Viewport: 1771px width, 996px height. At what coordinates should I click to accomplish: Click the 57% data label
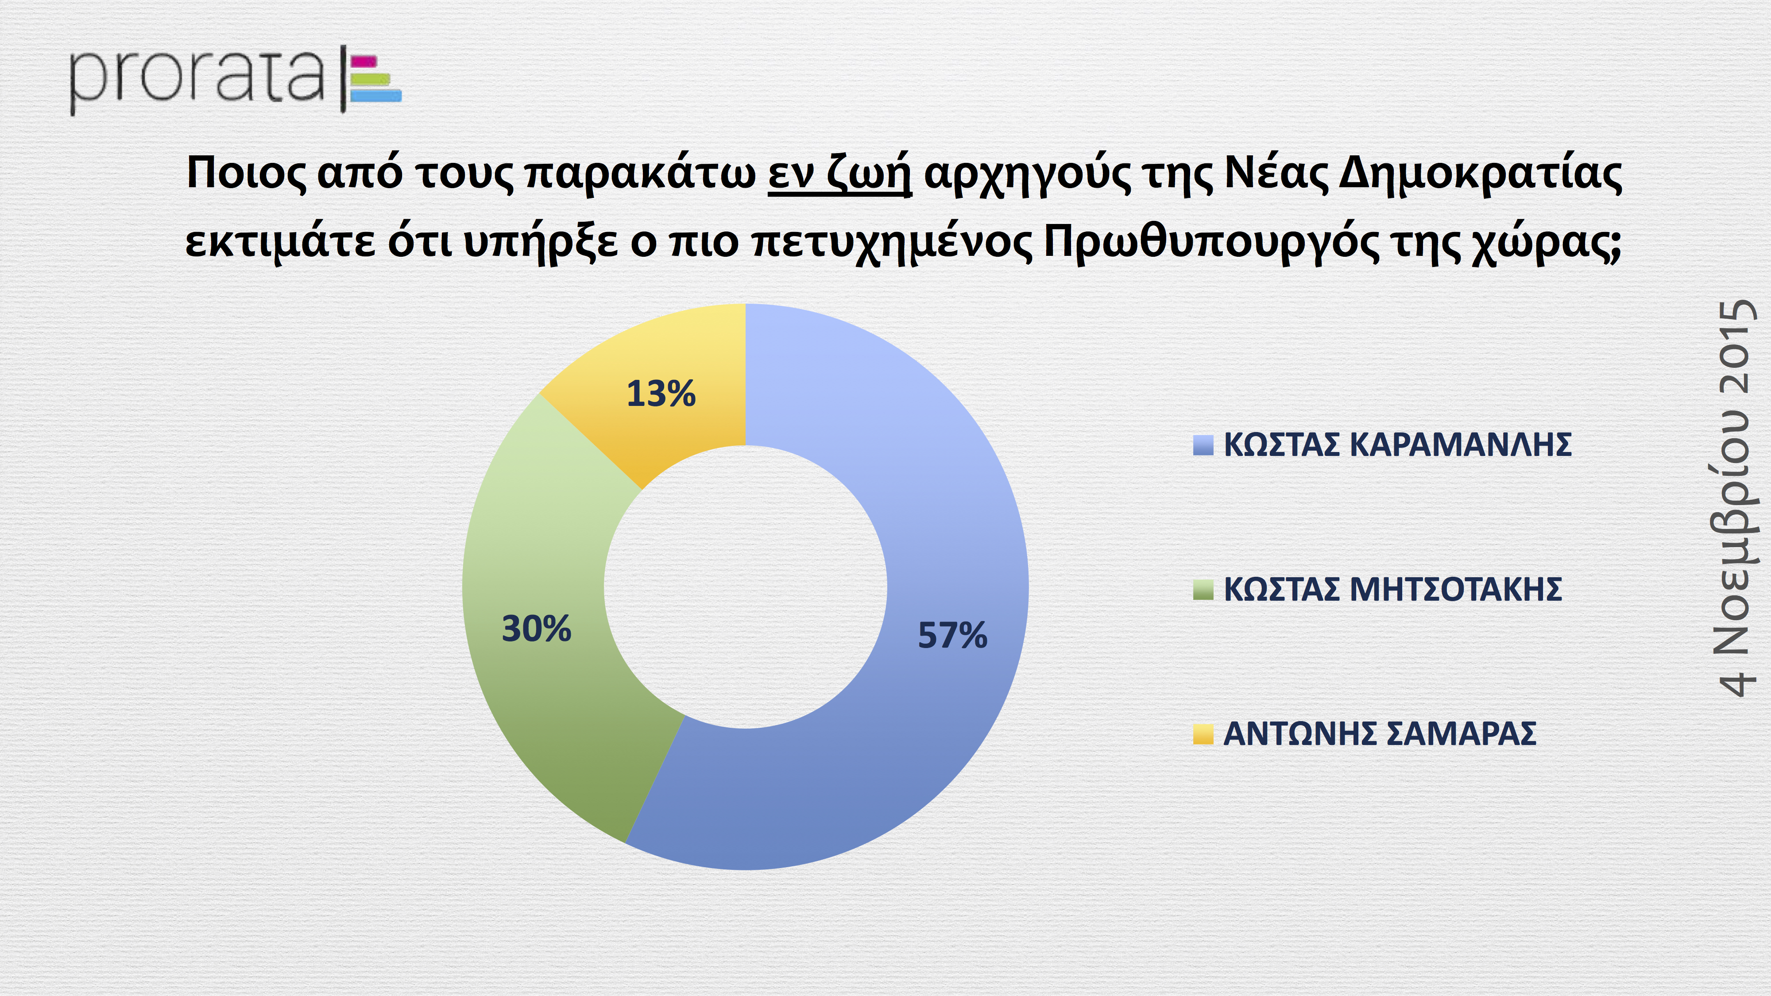tap(952, 635)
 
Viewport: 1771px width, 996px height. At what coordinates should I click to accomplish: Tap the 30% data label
tap(536, 628)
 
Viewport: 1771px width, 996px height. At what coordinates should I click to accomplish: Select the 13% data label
tap(661, 394)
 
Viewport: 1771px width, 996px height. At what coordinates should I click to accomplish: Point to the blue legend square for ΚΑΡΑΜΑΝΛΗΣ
tap(1203, 445)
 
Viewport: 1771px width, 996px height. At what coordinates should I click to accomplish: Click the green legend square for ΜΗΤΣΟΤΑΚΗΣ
tap(1203, 590)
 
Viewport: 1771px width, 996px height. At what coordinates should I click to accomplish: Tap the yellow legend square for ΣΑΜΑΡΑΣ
tap(1203, 734)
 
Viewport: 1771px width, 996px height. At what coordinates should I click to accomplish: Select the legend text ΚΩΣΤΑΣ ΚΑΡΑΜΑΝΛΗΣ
tap(1398, 445)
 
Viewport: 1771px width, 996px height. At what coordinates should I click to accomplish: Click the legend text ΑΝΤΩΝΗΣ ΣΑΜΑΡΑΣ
tap(1380, 734)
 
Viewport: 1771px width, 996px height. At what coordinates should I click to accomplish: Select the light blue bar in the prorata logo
tap(375, 96)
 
